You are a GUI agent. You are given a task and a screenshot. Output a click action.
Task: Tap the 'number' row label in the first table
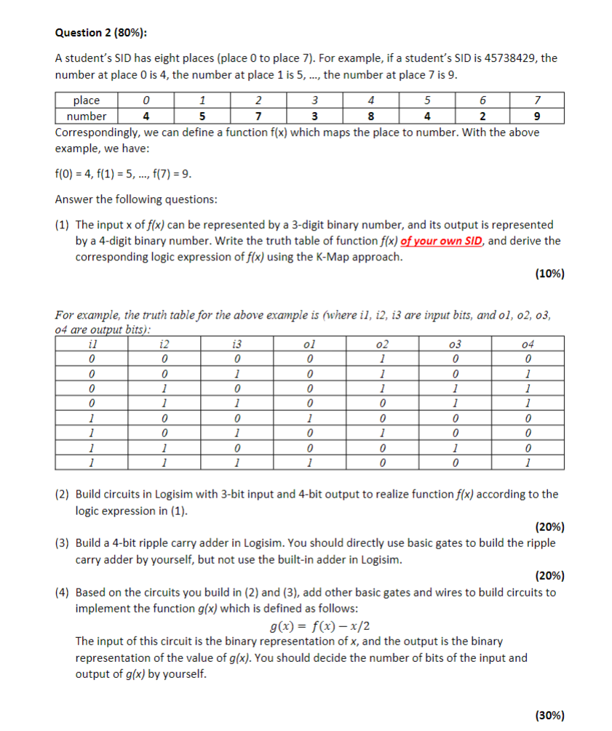tap(87, 116)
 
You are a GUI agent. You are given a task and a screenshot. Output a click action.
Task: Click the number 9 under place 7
tap(536, 116)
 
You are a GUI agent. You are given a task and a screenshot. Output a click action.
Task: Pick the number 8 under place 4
tap(371, 116)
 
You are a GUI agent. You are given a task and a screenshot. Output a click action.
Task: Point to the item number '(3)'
tap(63, 543)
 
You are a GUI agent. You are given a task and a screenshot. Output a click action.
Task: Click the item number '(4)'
tap(63, 592)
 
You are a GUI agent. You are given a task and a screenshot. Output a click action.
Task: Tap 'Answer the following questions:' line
tap(136, 199)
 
